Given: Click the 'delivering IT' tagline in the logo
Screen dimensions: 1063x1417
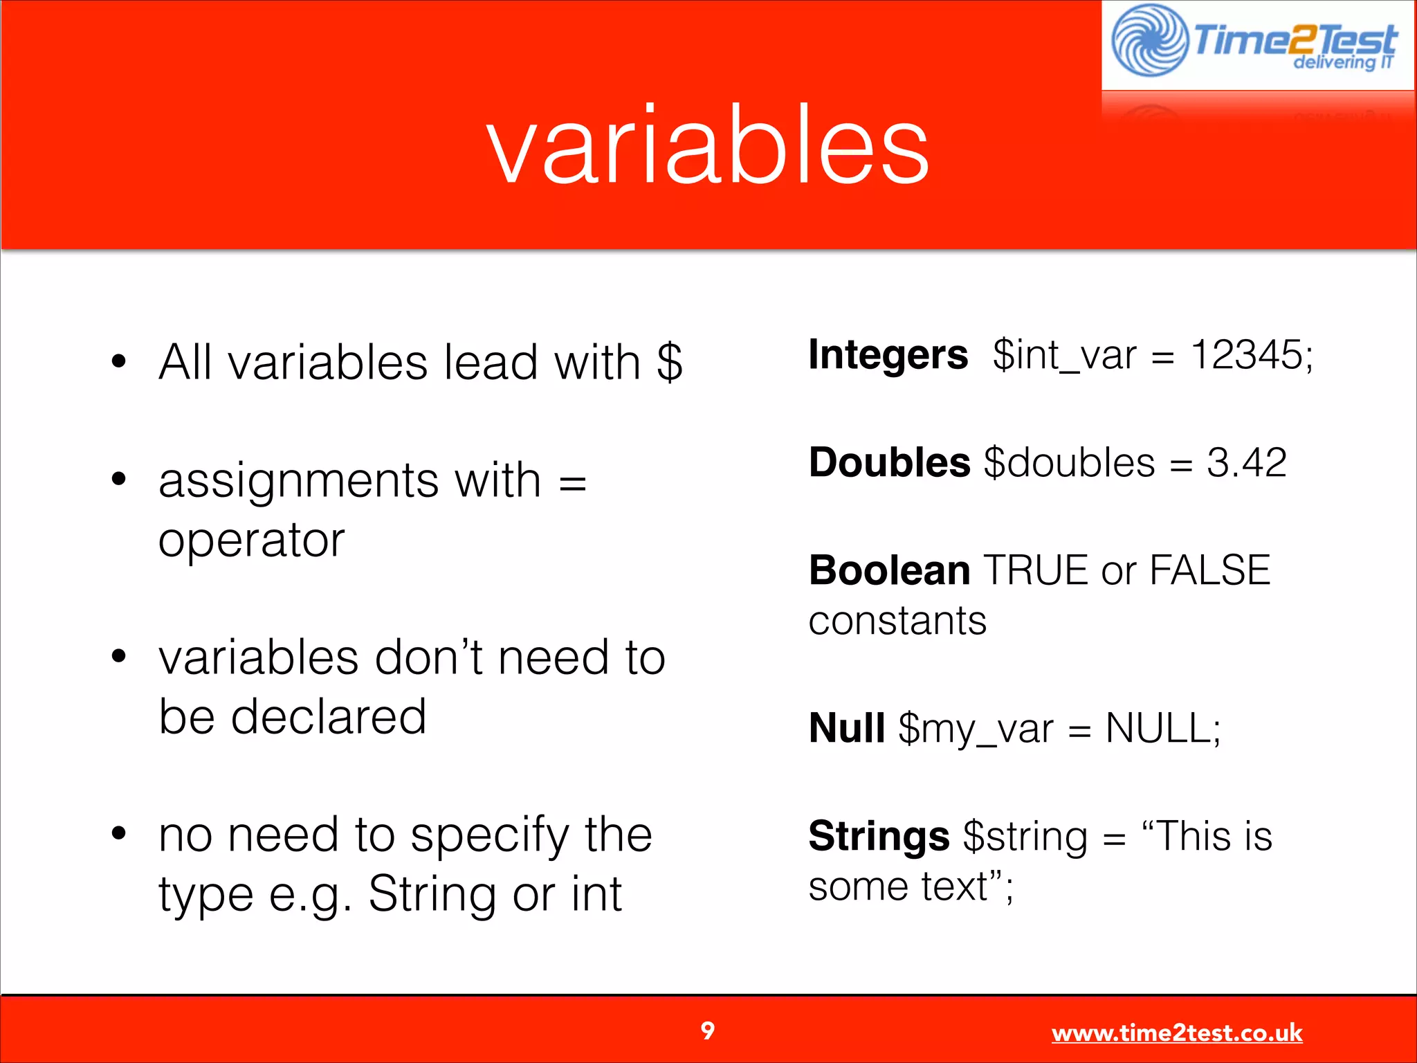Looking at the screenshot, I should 1342,62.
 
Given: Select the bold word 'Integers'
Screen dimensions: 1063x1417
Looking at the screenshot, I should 888,355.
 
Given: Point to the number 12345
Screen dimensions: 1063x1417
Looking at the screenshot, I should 1247,355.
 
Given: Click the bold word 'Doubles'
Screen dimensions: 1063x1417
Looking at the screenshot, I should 889,462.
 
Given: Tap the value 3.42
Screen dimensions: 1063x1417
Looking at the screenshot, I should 1247,462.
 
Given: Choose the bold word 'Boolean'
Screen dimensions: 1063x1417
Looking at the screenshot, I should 889,570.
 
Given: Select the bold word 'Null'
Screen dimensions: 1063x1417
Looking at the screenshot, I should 847,728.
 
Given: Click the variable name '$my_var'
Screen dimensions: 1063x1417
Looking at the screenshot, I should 976,729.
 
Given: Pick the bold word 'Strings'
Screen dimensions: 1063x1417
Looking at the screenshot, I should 879,836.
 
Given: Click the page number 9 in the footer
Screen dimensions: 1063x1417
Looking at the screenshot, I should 707,1031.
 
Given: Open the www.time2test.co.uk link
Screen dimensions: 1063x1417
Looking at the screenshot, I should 1176,1033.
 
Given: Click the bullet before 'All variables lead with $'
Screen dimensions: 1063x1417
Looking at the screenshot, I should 119,361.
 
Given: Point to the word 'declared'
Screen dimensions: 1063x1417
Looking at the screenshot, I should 328,717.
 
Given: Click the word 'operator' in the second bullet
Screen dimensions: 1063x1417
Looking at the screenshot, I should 251,540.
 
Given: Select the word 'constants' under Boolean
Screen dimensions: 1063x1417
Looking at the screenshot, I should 897,621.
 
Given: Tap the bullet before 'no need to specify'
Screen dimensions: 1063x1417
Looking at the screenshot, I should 119,833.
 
